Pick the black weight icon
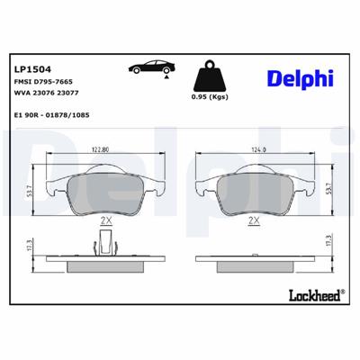tap(209, 73)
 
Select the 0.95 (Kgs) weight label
tap(209, 96)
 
